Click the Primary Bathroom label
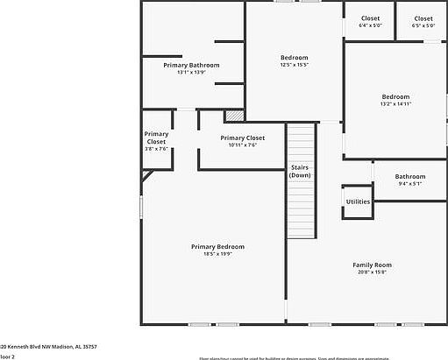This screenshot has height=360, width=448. (x=191, y=65)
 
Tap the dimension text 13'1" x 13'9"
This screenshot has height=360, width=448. (x=191, y=73)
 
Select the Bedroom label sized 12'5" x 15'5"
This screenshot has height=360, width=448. (x=294, y=58)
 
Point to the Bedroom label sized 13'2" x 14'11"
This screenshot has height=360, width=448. (x=395, y=96)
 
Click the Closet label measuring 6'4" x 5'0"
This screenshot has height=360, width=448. (x=370, y=18)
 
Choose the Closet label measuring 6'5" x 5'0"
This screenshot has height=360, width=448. (x=423, y=18)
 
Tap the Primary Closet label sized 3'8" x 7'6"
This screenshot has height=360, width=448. (x=156, y=138)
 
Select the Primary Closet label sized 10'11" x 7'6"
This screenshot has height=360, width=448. (x=243, y=138)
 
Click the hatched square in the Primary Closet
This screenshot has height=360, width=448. (x=233, y=115)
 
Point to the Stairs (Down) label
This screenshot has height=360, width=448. (x=301, y=171)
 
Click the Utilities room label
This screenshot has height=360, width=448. (x=358, y=201)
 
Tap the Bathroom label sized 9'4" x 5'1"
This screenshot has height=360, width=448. (x=410, y=176)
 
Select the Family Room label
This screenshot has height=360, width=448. (x=372, y=265)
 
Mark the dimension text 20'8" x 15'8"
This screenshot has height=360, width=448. (x=372, y=272)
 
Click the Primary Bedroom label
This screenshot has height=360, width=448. (x=211, y=246)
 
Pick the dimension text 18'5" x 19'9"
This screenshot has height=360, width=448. (x=211, y=254)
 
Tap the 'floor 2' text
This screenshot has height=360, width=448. (x=8, y=356)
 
